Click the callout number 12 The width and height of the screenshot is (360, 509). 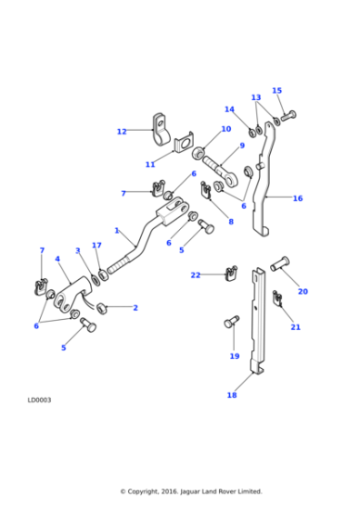coord(122,132)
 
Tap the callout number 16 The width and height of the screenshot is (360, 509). coord(297,198)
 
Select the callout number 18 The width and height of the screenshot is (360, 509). coord(231,395)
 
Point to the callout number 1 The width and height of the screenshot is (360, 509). coord(116,231)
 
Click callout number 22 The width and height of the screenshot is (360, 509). coord(195,274)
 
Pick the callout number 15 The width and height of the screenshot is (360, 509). coord(276,91)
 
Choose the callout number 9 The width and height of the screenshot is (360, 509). coord(242,145)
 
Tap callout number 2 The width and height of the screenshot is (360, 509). coord(135,308)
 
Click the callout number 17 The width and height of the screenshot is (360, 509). coord(96,245)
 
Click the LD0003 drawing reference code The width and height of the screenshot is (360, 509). coord(39,399)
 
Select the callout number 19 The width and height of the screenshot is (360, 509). coord(235,356)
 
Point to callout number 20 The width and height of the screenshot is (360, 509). coord(303,292)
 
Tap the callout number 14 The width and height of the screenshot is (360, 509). coord(229,110)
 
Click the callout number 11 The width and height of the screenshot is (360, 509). coord(151,165)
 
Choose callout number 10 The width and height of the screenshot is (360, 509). coord(225,129)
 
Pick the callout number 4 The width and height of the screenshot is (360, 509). coord(57,259)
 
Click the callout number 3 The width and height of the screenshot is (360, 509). coord(78,251)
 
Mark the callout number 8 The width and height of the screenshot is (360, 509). coord(230,222)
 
